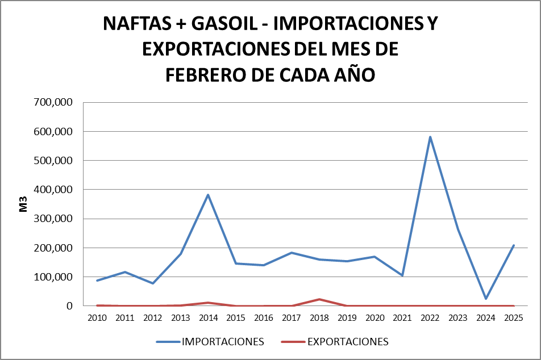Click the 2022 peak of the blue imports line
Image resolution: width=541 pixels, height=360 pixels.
[430, 137]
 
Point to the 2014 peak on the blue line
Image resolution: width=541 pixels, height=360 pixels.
[208, 195]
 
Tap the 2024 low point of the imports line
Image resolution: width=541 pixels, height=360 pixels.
[486, 299]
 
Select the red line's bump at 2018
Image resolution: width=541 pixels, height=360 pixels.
[319, 299]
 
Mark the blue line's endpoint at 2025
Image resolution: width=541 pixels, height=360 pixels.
[514, 245]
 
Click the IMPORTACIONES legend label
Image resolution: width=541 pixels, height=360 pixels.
[223, 342]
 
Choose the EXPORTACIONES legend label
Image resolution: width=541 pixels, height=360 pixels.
[348, 342]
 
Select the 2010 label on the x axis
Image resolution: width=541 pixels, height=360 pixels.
[97, 317]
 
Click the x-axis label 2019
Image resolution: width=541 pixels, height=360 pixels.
[347, 317]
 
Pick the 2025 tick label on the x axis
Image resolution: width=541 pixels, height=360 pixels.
[514, 317]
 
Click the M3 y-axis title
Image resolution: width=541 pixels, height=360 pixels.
[23, 204]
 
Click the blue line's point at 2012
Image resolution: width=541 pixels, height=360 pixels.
[152, 283]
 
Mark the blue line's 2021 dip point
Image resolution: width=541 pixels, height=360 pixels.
[402, 275]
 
